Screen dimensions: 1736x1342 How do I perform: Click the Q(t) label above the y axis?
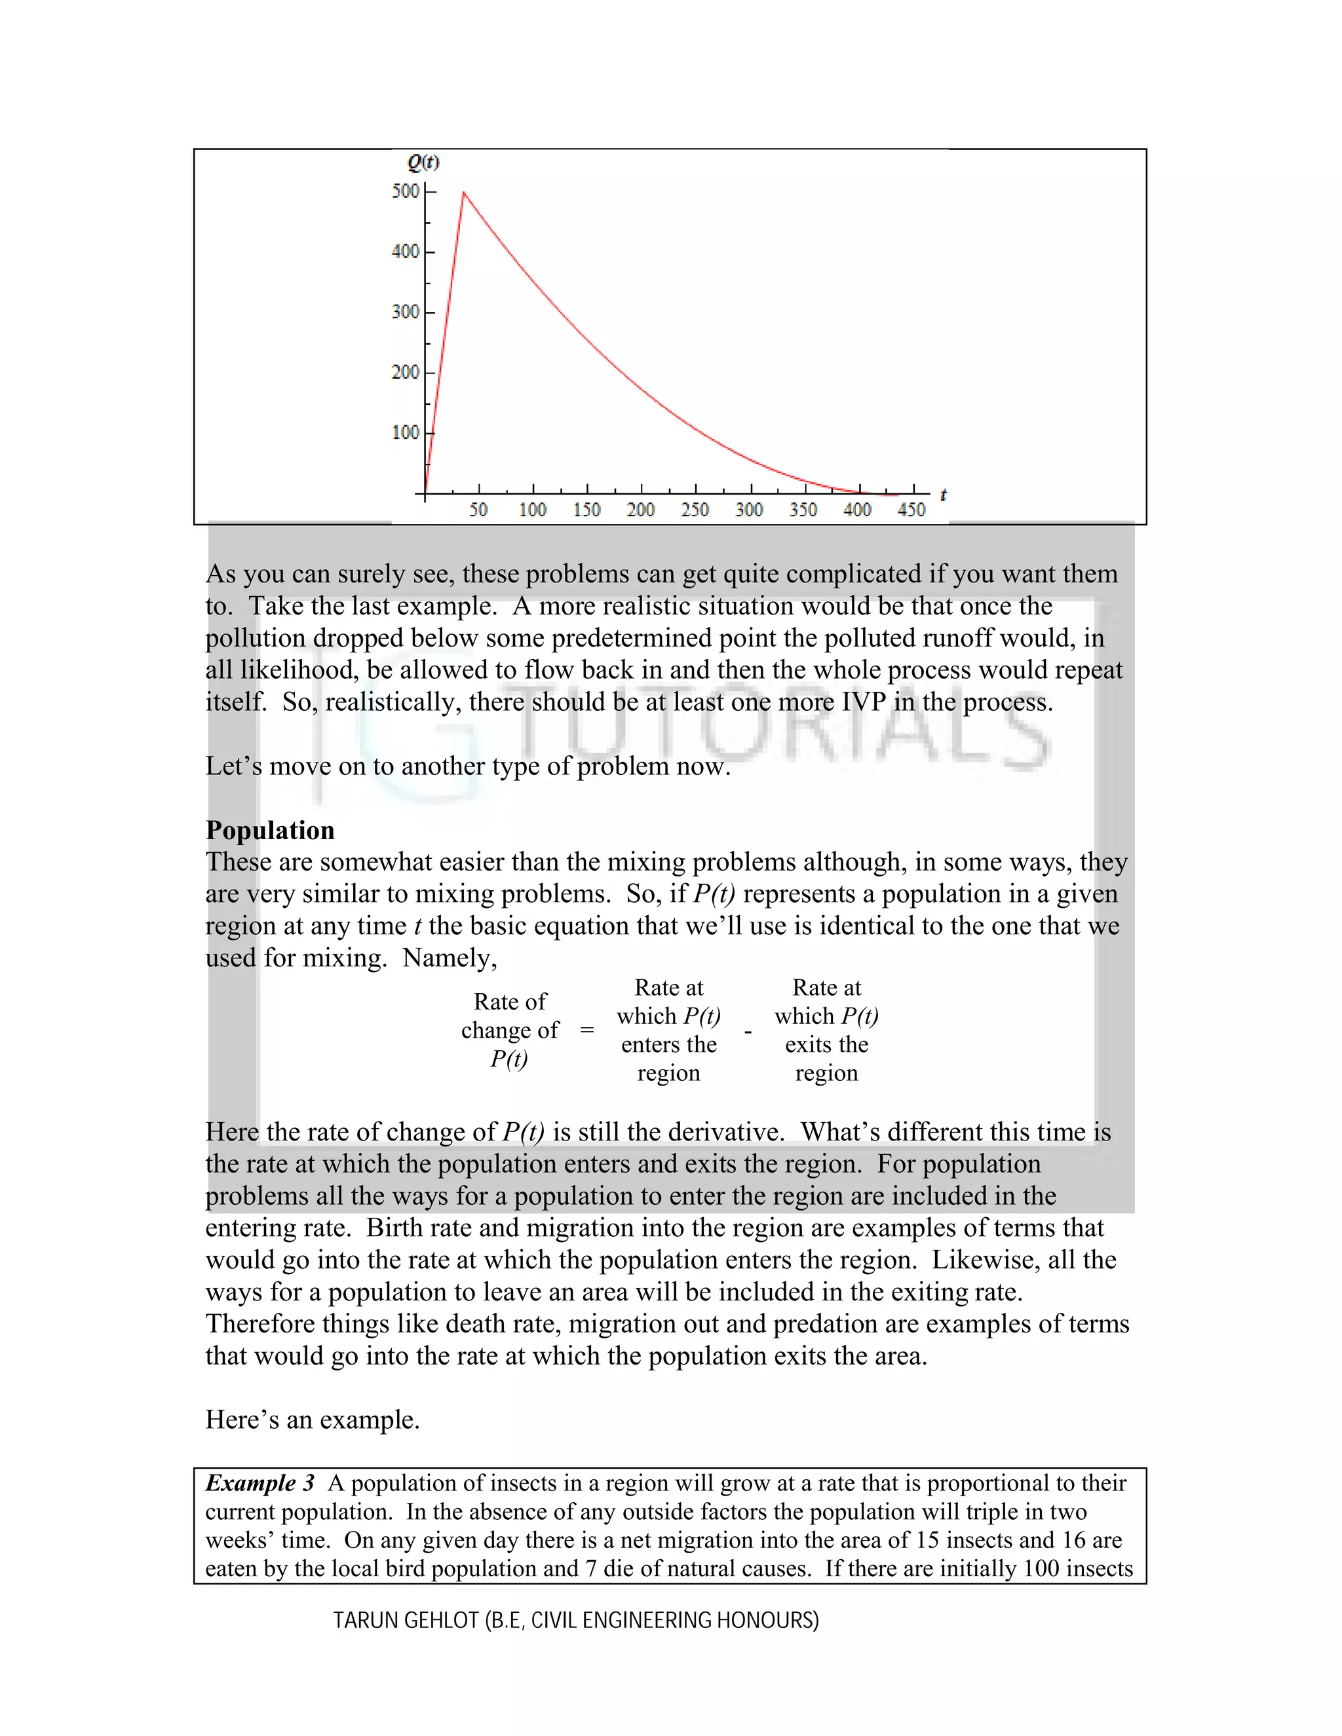click(423, 162)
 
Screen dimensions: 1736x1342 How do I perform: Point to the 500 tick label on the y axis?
click(405, 191)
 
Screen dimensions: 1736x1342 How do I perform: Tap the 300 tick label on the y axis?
click(405, 312)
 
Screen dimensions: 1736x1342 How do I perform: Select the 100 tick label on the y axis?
click(405, 432)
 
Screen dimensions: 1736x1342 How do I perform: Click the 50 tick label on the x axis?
click(478, 510)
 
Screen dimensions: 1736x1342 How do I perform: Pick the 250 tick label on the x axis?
click(694, 510)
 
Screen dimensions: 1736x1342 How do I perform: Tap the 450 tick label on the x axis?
click(911, 510)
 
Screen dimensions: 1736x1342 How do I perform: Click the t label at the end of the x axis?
click(943, 495)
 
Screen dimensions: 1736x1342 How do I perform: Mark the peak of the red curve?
click(463, 193)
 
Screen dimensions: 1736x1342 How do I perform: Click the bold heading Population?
click(269, 830)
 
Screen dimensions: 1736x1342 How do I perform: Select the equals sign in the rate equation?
click(586, 1030)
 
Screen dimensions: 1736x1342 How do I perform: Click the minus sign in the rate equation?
click(747, 1032)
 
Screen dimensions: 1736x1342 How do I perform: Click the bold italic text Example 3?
click(260, 1483)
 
